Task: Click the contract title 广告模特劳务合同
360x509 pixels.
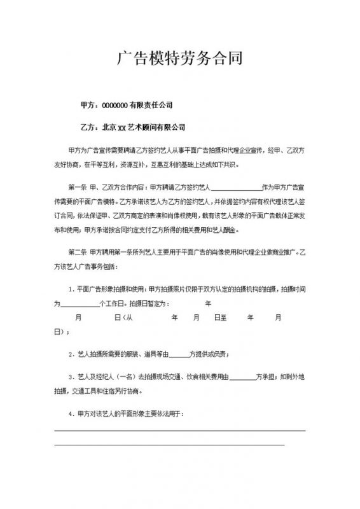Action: point(180,59)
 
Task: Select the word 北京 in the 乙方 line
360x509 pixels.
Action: point(109,127)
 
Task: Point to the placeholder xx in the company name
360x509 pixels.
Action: point(123,127)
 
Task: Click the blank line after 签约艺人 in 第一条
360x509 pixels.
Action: point(235,188)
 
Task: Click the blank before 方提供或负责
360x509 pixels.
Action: point(181,354)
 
